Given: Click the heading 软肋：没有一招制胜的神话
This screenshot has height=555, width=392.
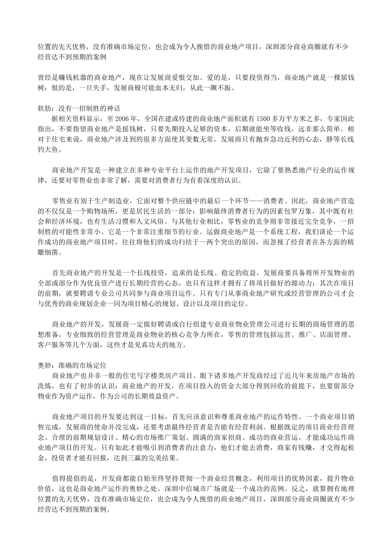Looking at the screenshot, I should [x=79, y=109].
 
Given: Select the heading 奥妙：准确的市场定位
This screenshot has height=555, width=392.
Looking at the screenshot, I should [x=72, y=366].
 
